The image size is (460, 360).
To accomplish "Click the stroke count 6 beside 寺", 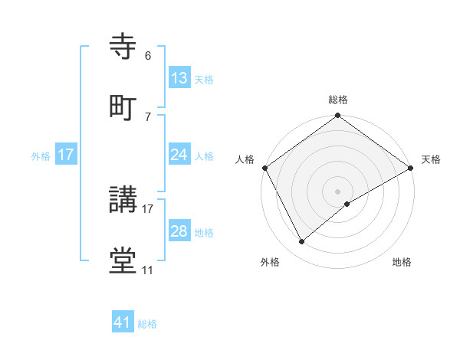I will [148, 56].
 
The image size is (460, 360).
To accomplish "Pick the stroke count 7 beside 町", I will [148, 116].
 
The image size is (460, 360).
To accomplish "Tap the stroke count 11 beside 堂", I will [148, 270].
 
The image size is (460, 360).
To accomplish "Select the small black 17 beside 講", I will [148, 208].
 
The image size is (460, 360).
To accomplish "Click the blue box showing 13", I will [179, 78].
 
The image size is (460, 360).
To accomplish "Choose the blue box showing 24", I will [179, 155].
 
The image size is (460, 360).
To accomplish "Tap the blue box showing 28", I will [179, 231].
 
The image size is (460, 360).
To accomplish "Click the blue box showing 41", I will [123, 322].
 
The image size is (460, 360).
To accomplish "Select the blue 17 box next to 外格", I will [66, 155].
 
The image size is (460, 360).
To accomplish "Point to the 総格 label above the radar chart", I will [338, 100].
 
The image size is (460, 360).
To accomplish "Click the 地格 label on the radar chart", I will [402, 262].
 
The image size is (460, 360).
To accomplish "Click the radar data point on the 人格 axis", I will [264, 168].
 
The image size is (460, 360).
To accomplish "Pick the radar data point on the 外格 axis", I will [302, 242].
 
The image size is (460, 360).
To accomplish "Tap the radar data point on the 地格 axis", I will [347, 204].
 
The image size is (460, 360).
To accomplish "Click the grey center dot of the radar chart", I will [338, 191].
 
